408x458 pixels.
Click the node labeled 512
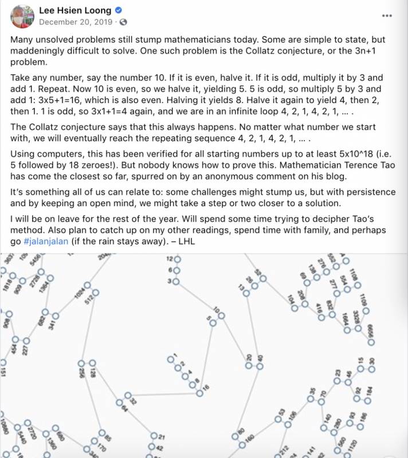coord(96,293)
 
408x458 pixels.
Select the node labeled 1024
coord(87,285)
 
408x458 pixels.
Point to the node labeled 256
coord(81,364)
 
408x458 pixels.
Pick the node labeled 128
coord(92,364)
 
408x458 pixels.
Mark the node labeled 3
coord(177,281)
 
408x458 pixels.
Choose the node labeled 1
coord(170,360)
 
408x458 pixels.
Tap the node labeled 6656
coord(371,342)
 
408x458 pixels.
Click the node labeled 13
coord(246,293)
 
